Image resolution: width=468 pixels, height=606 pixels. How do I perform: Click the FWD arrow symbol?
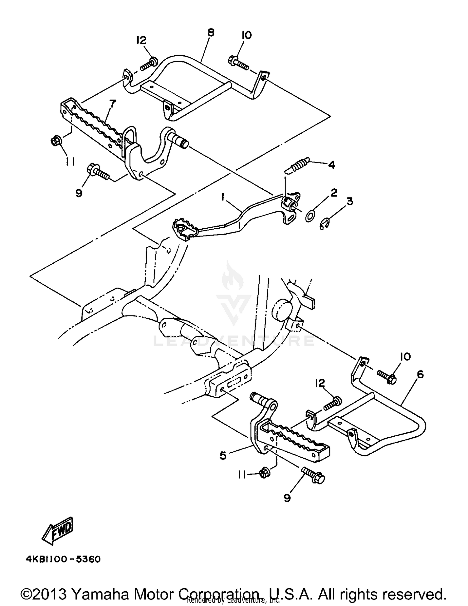tap(58, 529)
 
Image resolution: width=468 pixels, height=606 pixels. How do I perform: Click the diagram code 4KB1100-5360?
tap(63, 559)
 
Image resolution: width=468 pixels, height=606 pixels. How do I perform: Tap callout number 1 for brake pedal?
tap(223, 197)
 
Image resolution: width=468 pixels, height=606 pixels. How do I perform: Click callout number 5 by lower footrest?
tap(223, 456)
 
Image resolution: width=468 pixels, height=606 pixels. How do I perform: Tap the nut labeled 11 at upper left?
tap(56, 142)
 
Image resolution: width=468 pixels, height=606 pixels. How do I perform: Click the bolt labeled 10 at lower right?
tap(386, 376)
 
